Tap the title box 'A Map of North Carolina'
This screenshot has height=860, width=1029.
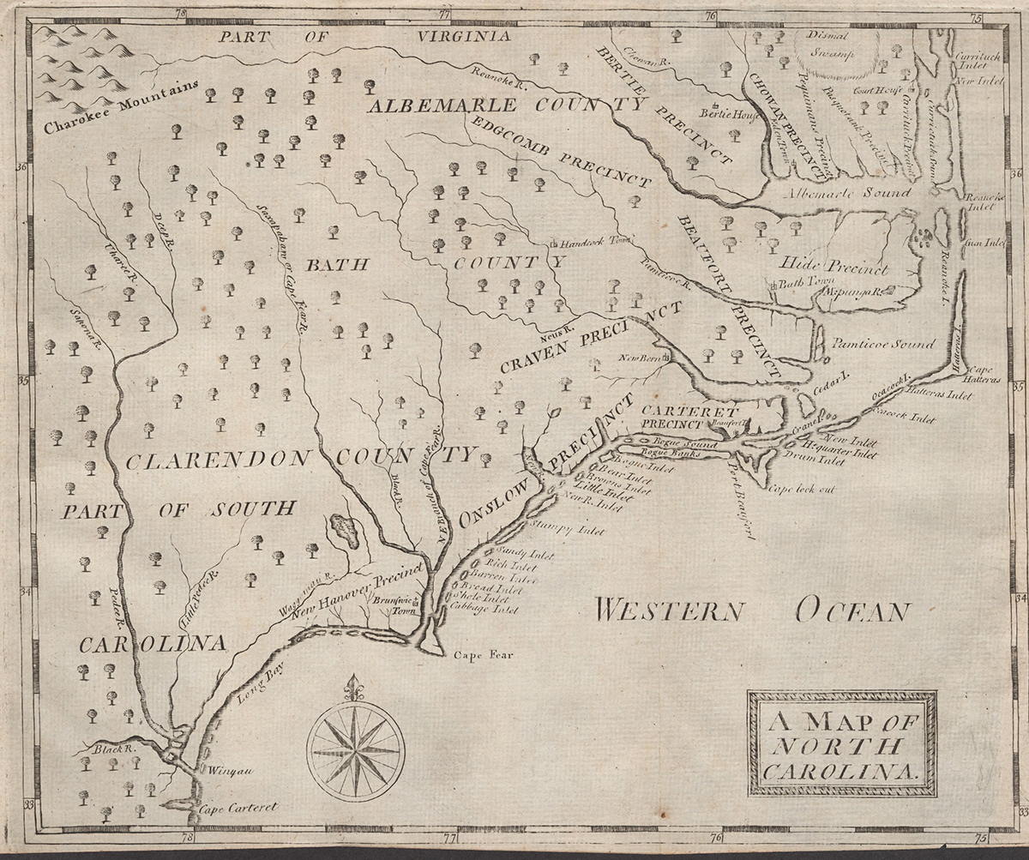(x=841, y=743)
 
